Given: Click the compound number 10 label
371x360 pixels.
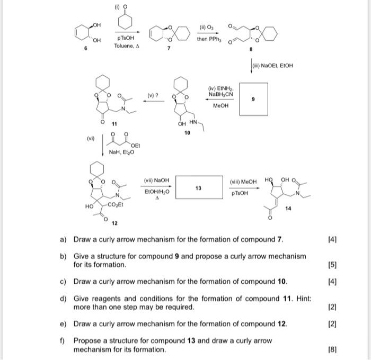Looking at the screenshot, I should click(x=187, y=133).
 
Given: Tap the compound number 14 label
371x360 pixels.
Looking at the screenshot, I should click(x=288, y=209).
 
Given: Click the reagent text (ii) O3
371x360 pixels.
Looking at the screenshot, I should click(x=206, y=28).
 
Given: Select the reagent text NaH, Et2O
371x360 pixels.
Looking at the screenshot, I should click(x=121, y=152).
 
